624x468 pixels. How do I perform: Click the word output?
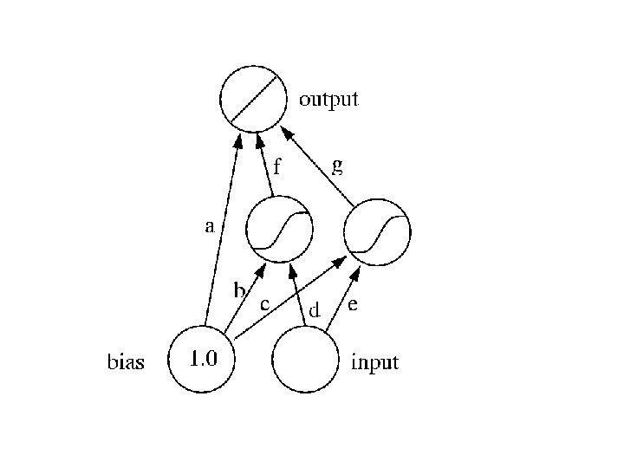click(x=328, y=99)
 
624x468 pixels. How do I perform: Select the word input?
click(x=374, y=362)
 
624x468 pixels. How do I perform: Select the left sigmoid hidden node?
click(x=278, y=231)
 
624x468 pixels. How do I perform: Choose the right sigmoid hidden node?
click(x=377, y=231)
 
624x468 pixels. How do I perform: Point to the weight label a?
click(x=209, y=229)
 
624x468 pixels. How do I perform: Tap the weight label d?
click(x=315, y=309)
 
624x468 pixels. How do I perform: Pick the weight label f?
click(x=277, y=166)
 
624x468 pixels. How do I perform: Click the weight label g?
click(x=338, y=165)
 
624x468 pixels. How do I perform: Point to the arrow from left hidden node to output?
click(x=265, y=165)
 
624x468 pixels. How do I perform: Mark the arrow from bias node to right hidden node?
click(x=286, y=295)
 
